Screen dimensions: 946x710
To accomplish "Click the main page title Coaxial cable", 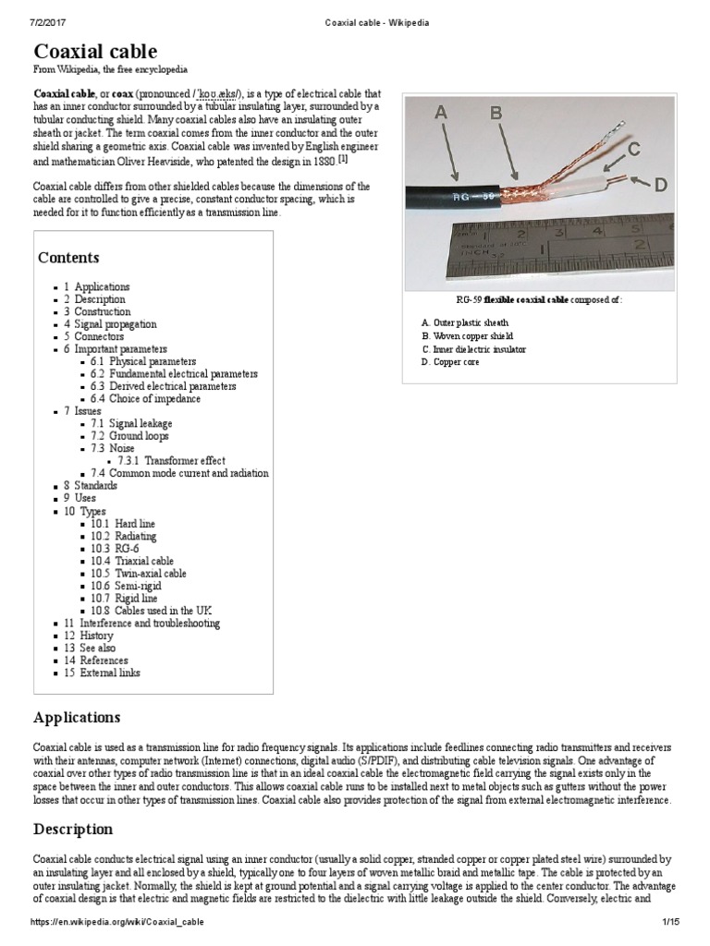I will click(x=95, y=51).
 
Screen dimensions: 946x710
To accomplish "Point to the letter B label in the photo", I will click(x=496, y=114).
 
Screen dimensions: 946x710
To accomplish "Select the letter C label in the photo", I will click(x=634, y=149).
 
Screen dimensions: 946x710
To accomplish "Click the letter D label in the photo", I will click(x=660, y=186).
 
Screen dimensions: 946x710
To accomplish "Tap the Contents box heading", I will click(x=68, y=258).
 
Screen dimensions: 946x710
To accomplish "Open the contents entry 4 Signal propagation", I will click(x=110, y=324).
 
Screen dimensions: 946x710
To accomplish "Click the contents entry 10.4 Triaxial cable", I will click(x=131, y=560).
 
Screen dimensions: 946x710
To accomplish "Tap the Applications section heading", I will click(x=77, y=717).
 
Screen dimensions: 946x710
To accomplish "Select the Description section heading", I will click(x=73, y=829).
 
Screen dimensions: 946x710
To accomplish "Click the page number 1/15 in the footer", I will click(x=670, y=922).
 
